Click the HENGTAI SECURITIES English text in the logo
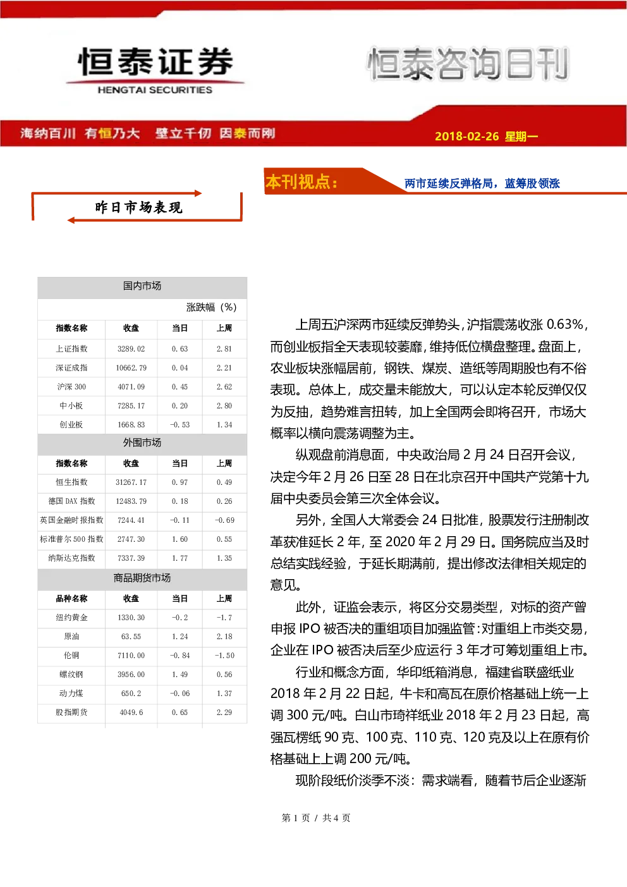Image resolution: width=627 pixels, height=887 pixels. click(x=155, y=90)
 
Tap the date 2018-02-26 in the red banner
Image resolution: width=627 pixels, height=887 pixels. click(x=466, y=136)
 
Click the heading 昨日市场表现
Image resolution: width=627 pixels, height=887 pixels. click(x=138, y=207)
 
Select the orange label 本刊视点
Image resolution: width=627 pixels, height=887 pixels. click(x=301, y=181)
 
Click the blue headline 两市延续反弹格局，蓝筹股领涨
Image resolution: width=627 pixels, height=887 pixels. click(x=482, y=183)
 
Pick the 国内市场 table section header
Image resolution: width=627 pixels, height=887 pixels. click(x=142, y=286)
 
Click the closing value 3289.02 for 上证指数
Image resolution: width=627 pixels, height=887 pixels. click(x=131, y=349)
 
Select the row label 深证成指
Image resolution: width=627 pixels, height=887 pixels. click(x=71, y=368)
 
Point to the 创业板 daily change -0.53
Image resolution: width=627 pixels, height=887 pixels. click(x=180, y=425)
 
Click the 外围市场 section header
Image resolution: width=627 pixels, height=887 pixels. click(x=142, y=443)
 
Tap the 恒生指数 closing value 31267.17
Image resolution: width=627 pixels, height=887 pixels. click(x=131, y=482)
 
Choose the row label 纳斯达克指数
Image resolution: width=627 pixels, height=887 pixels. click(x=71, y=558)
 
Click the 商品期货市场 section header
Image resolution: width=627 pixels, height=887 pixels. click(x=142, y=578)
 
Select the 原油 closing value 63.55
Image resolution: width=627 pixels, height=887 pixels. click(x=131, y=637)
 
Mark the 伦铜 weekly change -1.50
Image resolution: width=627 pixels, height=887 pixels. click(x=224, y=656)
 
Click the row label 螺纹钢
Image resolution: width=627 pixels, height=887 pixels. click(x=71, y=675)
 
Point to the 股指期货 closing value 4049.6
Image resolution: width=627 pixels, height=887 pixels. click(x=131, y=713)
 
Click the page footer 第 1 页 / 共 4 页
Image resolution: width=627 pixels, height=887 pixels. click(x=315, y=817)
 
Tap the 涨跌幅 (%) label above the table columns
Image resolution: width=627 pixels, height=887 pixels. click(x=211, y=307)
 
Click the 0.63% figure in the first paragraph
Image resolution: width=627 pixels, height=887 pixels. click(x=564, y=325)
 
